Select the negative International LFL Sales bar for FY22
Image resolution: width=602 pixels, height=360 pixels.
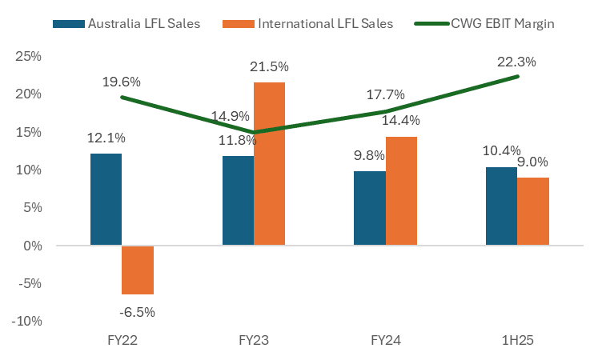point(138,270)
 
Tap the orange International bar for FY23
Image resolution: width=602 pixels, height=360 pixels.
point(269,164)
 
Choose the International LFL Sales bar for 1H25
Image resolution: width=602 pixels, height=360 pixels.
point(533,211)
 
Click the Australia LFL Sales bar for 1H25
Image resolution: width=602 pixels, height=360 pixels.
point(501,206)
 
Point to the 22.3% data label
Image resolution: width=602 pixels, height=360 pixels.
point(516,62)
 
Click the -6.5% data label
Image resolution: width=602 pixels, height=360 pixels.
point(138,312)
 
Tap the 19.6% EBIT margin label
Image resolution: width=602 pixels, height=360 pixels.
point(122,82)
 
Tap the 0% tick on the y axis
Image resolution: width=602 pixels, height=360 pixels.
point(33,246)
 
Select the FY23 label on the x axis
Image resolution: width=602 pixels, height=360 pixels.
point(253,340)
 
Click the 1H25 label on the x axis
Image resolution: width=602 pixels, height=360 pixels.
point(516,340)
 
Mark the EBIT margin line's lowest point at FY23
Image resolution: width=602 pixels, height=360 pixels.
point(253,132)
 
